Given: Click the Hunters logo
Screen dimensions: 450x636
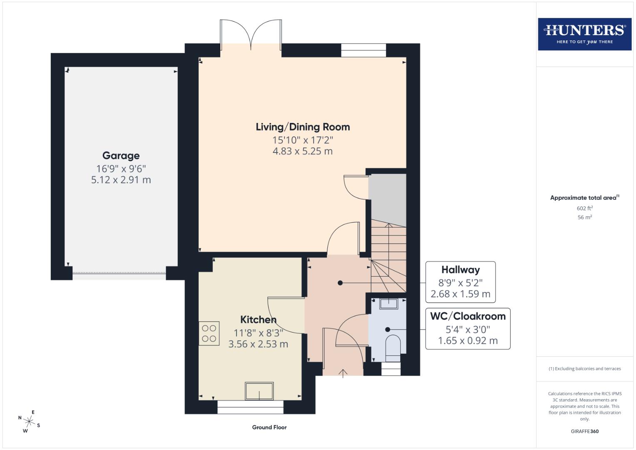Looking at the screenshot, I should pyautogui.click(x=584, y=34).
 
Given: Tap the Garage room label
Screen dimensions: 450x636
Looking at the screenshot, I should pyautogui.click(x=121, y=156).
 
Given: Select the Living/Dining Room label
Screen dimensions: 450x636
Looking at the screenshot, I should pyautogui.click(x=302, y=127).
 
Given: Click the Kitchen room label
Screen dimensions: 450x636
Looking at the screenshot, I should pyautogui.click(x=258, y=320).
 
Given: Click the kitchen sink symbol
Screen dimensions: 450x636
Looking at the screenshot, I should pyautogui.click(x=259, y=391).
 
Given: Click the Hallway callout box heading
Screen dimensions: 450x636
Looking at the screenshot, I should pyautogui.click(x=460, y=270).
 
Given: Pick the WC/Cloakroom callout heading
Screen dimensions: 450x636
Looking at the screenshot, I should pyautogui.click(x=467, y=316).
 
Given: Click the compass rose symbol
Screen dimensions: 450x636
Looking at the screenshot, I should pyautogui.click(x=29, y=421).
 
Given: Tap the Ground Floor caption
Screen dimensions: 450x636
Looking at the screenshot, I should pyautogui.click(x=269, y=427).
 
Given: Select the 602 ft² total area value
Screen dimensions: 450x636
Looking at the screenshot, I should pyautogui.click(x=584, y=208).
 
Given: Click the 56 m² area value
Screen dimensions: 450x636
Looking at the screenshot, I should pyautogui.click(x=584, y=217).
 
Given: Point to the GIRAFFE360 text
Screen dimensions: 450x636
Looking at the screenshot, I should pyautogui.click(x=584, y=431).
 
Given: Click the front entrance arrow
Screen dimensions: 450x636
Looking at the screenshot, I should pyautogui.click(x=343, y=373).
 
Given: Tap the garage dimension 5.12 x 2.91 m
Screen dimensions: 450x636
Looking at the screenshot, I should pyautogui.click(x=121, y=180).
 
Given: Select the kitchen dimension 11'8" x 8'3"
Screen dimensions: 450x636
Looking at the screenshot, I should pyautogui.click(x=258, y=333).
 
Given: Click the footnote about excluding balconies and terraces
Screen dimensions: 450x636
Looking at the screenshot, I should pyautogui.click(x=584, y=369).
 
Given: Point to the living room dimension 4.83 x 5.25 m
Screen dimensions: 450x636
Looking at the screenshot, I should pyautogui.click(x=302, y=151).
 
